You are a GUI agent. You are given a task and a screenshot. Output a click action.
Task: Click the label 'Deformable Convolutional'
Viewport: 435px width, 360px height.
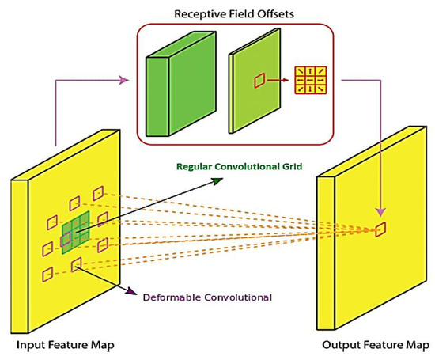pyautogui.click(x=207, y=297)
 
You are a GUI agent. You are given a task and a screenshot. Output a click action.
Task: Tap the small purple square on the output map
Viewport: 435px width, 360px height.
pyautogui.click(x=381, y=229)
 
